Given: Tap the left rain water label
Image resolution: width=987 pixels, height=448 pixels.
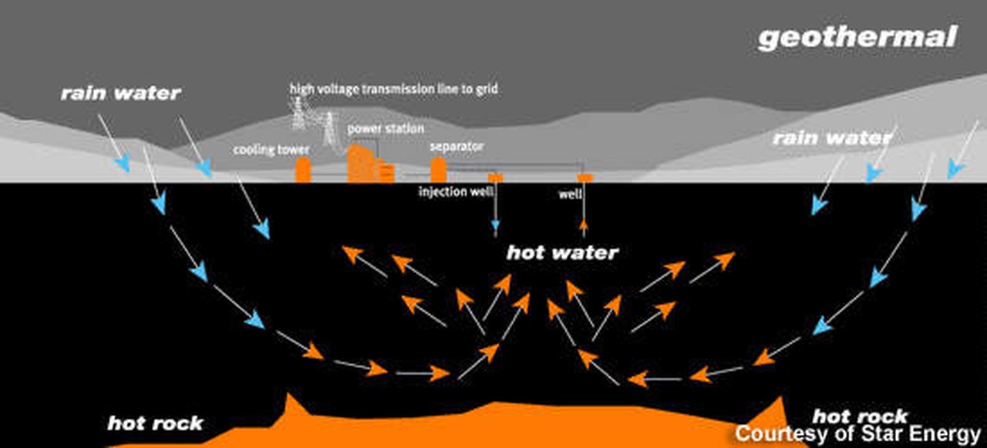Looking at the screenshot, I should click(x=120, y=94).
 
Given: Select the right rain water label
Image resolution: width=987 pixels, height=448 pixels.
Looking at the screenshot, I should click(x=831, y=139).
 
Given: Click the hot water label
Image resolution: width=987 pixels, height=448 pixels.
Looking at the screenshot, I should click(x=562, y=253).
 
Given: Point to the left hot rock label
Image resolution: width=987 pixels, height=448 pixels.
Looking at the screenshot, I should click(x=155, y=423).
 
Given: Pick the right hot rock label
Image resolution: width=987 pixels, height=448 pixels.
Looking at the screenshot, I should click(x=860, y=417).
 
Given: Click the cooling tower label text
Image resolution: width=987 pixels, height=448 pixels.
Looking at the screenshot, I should click(x=271, y=150).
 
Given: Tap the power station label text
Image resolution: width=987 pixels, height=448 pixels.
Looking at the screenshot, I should click(x=385, y=128).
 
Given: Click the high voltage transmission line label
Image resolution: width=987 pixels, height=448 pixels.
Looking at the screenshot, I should click(x=393, y=89).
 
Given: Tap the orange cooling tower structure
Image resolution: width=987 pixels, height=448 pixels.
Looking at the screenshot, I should click(x=302, y=170).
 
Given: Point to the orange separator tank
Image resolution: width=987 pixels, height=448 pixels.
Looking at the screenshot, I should click(x=438, y=170).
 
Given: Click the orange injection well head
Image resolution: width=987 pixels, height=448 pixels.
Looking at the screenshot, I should click(x=495, y=178).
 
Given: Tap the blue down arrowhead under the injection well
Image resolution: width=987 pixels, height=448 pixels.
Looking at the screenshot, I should click(x=495, y=231).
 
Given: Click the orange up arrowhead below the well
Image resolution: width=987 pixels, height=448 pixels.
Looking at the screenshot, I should click(x=584, y=226).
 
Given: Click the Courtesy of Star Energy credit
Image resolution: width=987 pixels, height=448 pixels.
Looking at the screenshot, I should click(x=857, y=433).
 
